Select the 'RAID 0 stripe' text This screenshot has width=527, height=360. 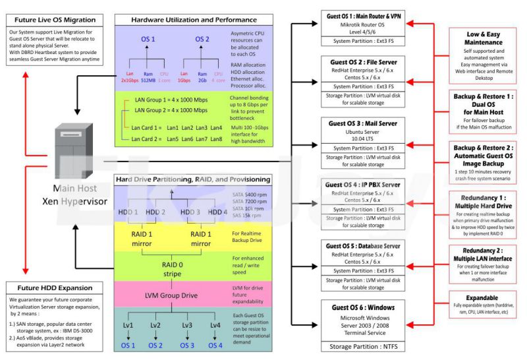pos(173,270)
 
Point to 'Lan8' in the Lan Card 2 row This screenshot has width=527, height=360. pos(215,140)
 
